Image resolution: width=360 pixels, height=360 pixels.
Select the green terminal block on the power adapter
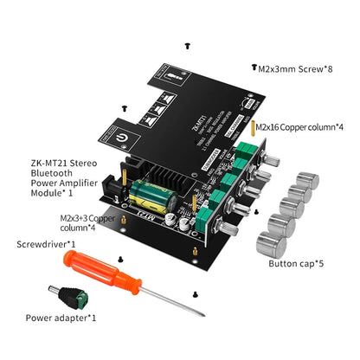click(x=84, y=300)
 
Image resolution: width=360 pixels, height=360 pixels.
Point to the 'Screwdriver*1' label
click(x=44, y=244)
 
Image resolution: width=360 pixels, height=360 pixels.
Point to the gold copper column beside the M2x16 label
click(x=252, y=127)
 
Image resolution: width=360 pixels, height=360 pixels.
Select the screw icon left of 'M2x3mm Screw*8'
click(x=252, y=67)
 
